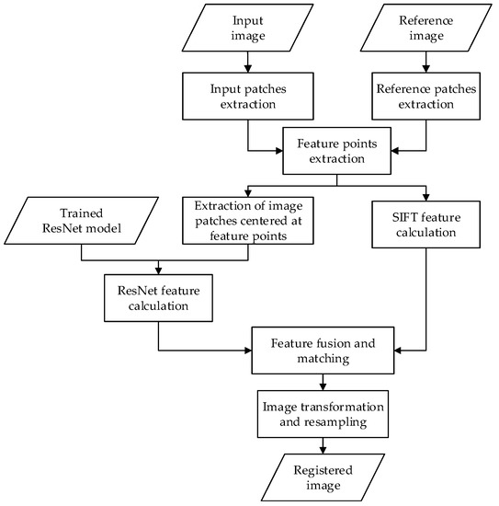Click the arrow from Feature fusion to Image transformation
click(322, 381)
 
